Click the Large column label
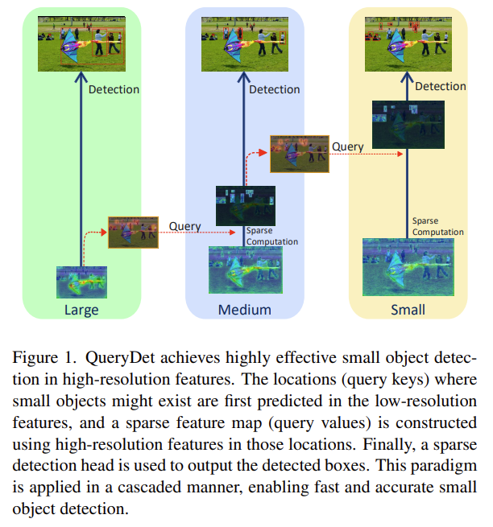[x=81, y=310]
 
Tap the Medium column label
[x=245, y=310]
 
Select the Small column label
[x=408, y=310]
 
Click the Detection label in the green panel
[x=114, y=89]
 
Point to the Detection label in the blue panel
[x=274, y=89]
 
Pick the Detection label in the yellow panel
[x=441, y=86]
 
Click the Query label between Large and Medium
[x=184, y=227]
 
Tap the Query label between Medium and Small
[x=348, y=147]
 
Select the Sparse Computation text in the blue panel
[x=272, y=236]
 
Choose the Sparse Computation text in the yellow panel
[x=437, y=226]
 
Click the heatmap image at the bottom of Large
[x=82, y=282]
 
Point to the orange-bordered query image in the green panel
[x=133, y=233]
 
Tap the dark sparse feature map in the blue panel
[x=246, y=206]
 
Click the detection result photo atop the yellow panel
[x=408, y=44]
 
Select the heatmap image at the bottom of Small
[x=408, y=267]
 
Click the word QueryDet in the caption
[x=120, y=358]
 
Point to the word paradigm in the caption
[x=444, y=467]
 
